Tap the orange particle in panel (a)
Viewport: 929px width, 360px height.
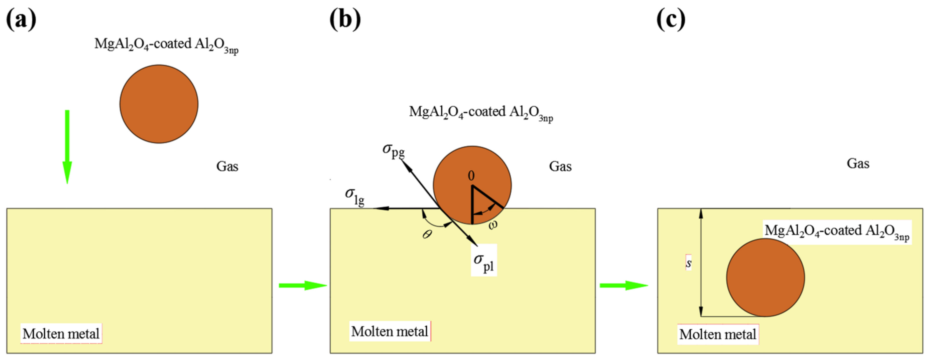point(159,104)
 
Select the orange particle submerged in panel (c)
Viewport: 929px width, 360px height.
point(765,277)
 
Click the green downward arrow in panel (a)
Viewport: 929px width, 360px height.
point(67,146)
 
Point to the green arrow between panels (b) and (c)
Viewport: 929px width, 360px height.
point(624,285)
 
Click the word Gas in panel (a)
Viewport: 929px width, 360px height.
point(227,166)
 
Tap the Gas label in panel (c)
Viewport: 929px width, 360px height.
point(858,163)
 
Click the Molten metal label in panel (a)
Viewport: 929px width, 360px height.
point(61,334)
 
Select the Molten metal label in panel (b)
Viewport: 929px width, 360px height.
point(390,331)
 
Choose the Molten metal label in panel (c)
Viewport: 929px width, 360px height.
point(718,334)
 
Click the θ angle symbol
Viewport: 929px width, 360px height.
point(427,235)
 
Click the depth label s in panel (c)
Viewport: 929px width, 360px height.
point(689,263)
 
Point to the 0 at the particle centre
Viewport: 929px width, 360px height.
point(471,176)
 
